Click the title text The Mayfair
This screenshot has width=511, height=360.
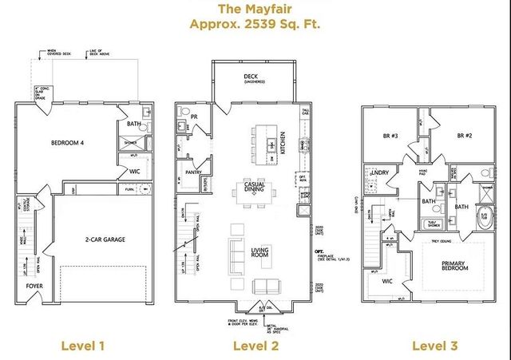click(x=255, y=9)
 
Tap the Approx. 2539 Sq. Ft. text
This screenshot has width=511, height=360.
click(x=255, y=24)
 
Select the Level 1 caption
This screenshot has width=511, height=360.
click(x=83, y=346)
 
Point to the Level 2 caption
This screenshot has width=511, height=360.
click(x=255, y=346)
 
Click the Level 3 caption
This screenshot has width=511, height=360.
click(x=434, y=346)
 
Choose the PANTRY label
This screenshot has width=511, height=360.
click(x=192, y=172)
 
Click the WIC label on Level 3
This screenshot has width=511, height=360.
click(x=386, y=281)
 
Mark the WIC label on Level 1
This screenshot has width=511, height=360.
click(x=134, y=171)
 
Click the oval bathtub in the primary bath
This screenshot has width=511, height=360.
click(x=484, y=217)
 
